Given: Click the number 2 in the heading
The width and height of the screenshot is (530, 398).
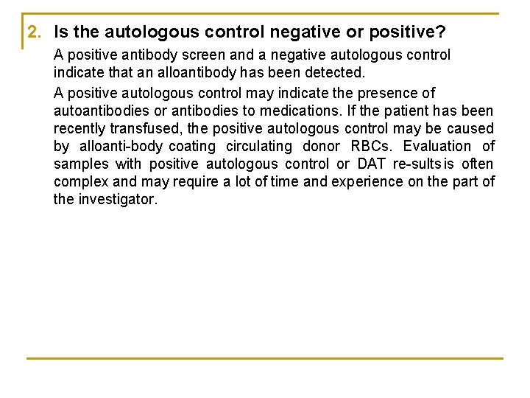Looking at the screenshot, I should (32, 32).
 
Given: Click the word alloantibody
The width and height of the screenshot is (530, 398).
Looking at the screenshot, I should (193, 73).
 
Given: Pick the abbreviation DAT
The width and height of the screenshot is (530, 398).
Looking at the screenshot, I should (372, 164).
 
